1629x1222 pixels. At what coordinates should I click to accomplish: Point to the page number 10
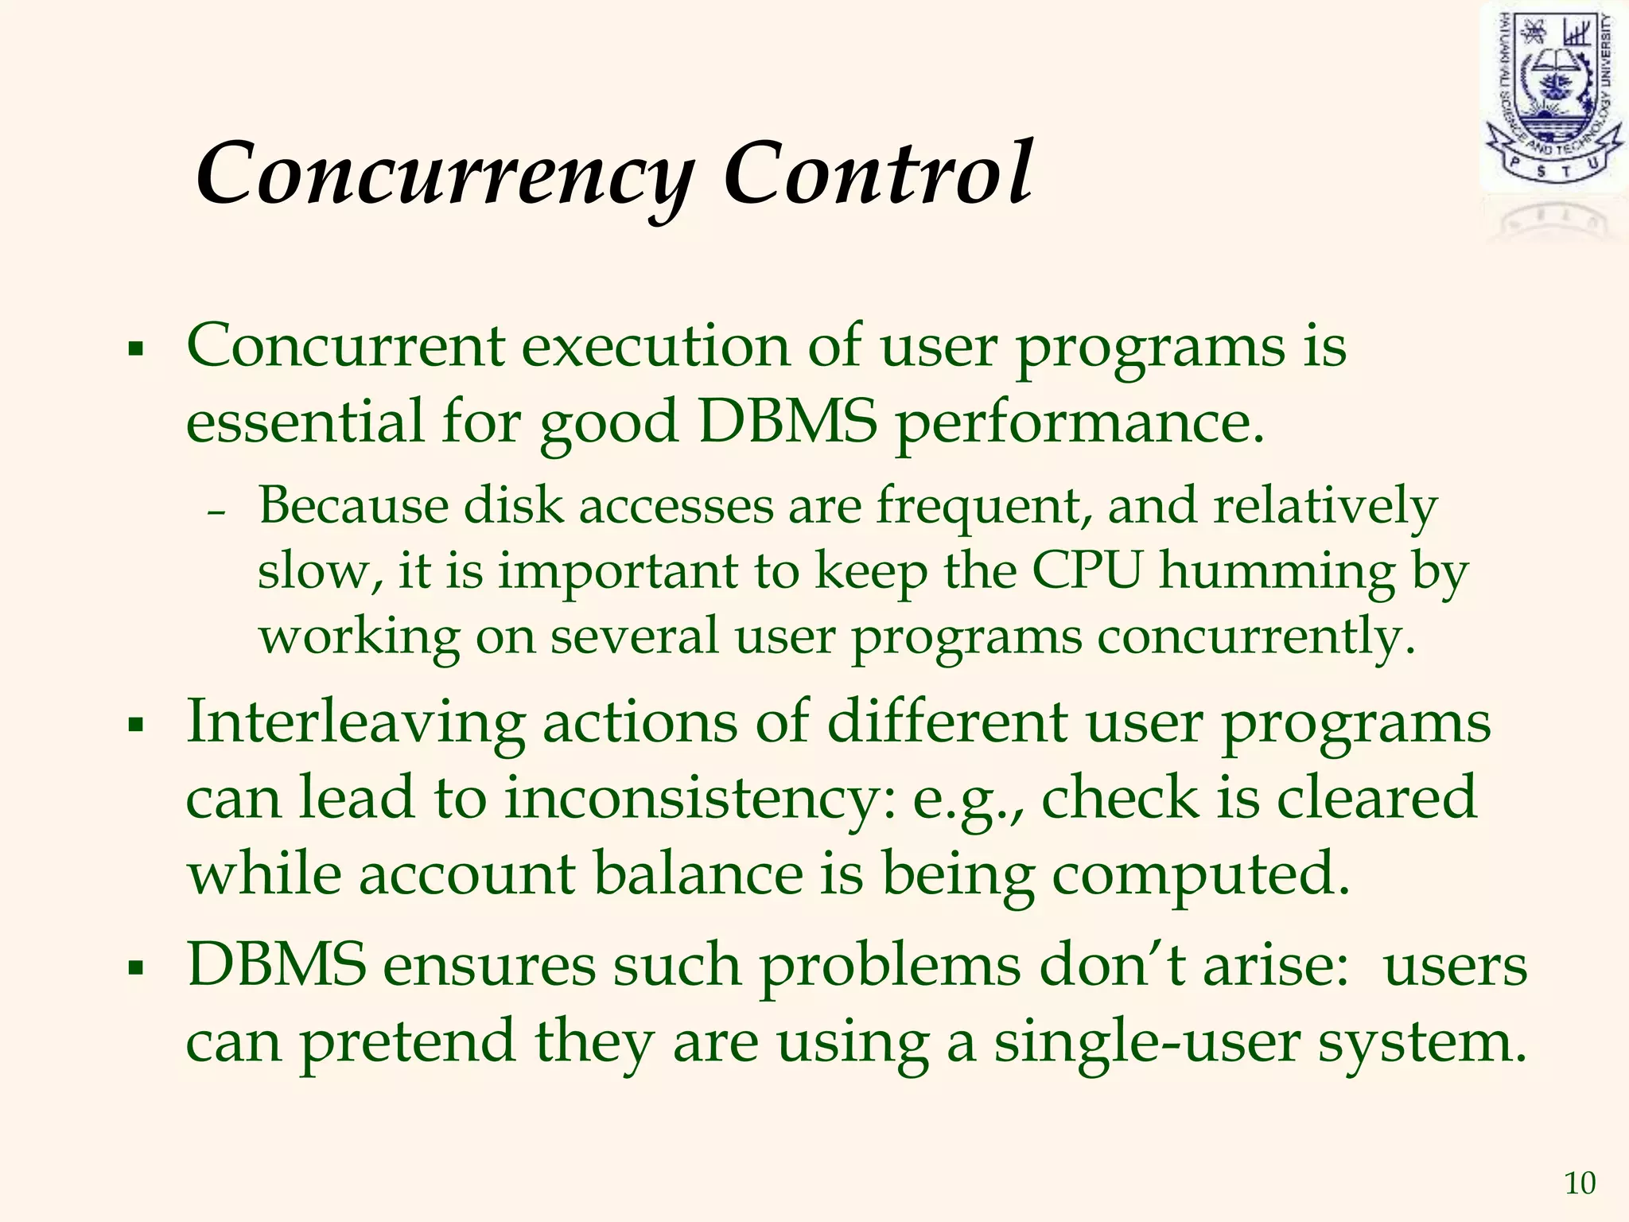1580,1184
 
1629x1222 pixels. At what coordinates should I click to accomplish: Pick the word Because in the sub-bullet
353,506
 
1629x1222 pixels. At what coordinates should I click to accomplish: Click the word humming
1277,572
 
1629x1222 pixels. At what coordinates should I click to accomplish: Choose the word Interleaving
355,724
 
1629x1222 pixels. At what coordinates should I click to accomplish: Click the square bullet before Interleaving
136,725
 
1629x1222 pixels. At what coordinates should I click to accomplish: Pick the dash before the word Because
216,514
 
